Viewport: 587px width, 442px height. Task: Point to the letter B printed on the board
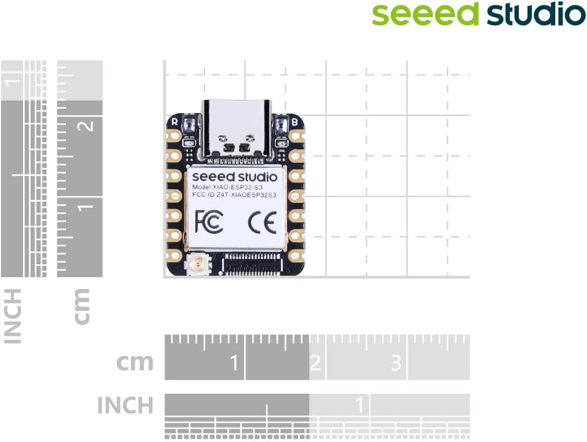coord(295,122)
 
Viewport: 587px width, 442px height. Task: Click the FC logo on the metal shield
coord(209,221)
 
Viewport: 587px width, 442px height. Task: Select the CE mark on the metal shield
coord(262,221)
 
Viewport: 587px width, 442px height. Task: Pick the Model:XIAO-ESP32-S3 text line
coord(227,187)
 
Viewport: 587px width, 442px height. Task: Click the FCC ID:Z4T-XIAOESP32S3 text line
coord(234,196)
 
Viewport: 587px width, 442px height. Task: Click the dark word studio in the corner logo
coord(536,14)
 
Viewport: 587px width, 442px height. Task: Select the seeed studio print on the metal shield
coord(235,176)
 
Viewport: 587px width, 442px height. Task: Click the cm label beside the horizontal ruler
coord(135,362)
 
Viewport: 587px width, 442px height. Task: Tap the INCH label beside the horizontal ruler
coord(125,405)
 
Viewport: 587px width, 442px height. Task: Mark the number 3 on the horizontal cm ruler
coord(396,363)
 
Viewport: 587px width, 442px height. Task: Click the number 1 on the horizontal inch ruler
coord(360,405)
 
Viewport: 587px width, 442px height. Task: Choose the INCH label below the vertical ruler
coord(13,316)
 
